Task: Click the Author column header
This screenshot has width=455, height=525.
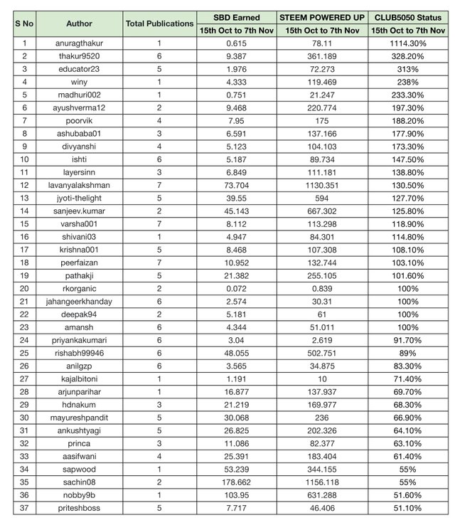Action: [79, 23]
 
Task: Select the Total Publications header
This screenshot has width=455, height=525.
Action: [159, 23]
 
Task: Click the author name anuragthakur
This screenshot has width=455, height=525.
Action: [79, 43]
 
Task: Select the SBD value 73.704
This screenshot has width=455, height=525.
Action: [236, 185]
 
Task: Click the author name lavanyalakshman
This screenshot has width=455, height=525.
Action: [79, 185]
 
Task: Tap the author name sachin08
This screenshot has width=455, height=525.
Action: [79, 482]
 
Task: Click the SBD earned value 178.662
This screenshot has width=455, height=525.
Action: [236, 482]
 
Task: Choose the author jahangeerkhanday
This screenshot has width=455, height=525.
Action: [79, 302]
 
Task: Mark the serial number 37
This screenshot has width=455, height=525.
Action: [23, 508]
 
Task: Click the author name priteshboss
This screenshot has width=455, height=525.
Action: [79, 508]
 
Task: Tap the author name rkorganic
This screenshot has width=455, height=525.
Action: [79, 288]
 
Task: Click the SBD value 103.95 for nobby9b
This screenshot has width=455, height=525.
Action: [236, 495]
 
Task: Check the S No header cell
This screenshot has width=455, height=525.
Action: [23, 23]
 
